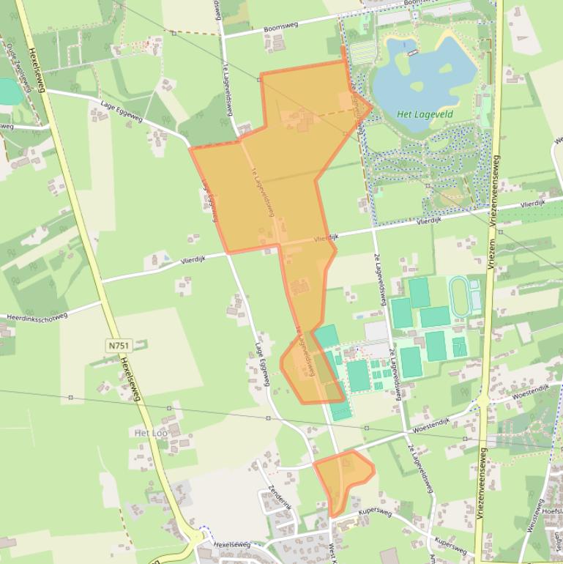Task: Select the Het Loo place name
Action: coord(151,433)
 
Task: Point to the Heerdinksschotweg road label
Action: coord(37,316)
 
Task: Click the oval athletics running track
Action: coord(461,296)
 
